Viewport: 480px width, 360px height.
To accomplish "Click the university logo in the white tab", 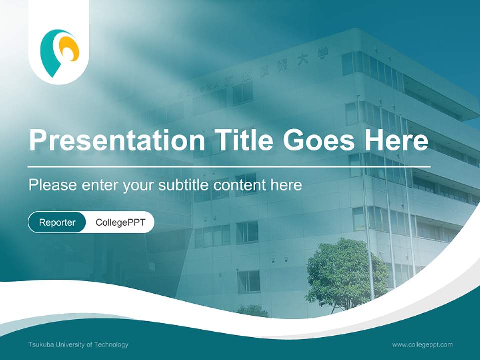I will point(59,52).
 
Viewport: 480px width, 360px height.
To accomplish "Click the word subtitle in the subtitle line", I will point(184,185).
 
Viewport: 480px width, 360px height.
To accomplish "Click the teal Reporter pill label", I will point(57,222).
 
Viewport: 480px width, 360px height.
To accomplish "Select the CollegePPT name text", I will point(120,222).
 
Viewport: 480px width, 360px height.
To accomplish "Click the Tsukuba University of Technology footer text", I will point(78,344).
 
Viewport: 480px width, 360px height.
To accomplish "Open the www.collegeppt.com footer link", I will point(422,344).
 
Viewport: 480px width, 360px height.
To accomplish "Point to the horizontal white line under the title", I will point(229,166).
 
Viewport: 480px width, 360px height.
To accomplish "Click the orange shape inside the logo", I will point(69,49).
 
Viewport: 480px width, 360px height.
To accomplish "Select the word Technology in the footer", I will point(111,344).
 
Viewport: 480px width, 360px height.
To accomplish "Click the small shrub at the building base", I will point(252,311).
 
